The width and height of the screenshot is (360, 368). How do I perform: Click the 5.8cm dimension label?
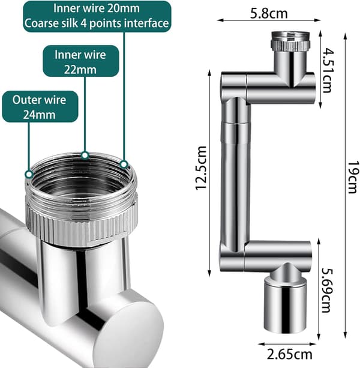269,13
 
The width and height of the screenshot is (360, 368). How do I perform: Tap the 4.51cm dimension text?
328,70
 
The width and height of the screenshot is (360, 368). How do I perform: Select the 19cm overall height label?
353,177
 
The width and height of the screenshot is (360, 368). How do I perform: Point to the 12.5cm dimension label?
201,168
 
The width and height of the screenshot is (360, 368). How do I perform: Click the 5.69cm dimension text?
327,291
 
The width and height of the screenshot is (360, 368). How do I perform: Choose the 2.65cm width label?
290,354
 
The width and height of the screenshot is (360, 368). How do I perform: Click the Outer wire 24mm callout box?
40,107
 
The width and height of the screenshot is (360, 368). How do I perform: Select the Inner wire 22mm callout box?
80,61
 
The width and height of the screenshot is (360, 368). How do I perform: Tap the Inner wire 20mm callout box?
97,16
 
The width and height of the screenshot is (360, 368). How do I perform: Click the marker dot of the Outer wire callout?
29,174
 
